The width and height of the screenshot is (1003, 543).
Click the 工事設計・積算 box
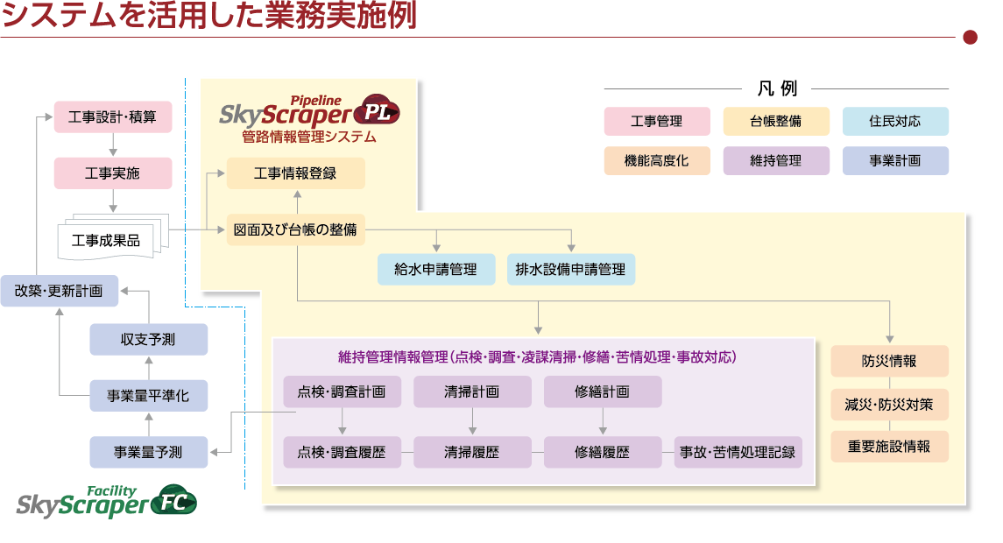pos(113,117)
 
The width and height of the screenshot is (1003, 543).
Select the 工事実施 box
pos(113,173)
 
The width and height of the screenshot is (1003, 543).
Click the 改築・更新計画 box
pos(59,291)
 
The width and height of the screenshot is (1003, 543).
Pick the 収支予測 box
pos(149,339)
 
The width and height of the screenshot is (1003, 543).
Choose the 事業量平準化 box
pos(149,396)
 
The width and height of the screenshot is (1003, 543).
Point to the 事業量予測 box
pos(149,452)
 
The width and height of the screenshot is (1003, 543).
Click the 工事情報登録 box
pos(295,173)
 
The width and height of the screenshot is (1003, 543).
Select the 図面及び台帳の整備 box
pos(295,230)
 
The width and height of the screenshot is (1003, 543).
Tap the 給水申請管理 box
pos(435,269)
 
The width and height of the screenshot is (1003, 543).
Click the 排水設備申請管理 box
pos(571,269)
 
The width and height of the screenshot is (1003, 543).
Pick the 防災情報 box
pos(889,361)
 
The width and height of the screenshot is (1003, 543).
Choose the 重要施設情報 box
pos(889,447)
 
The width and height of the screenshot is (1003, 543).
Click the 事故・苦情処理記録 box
pos(738,452)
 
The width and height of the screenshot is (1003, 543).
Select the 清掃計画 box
pos(472,391)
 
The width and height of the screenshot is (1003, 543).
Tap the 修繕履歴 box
pos(603,452)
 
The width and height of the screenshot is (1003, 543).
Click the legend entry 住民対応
pos(895,121)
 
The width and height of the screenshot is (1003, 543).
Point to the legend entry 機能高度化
pos(656,160)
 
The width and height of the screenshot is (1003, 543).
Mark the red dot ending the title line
pos(970,37)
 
